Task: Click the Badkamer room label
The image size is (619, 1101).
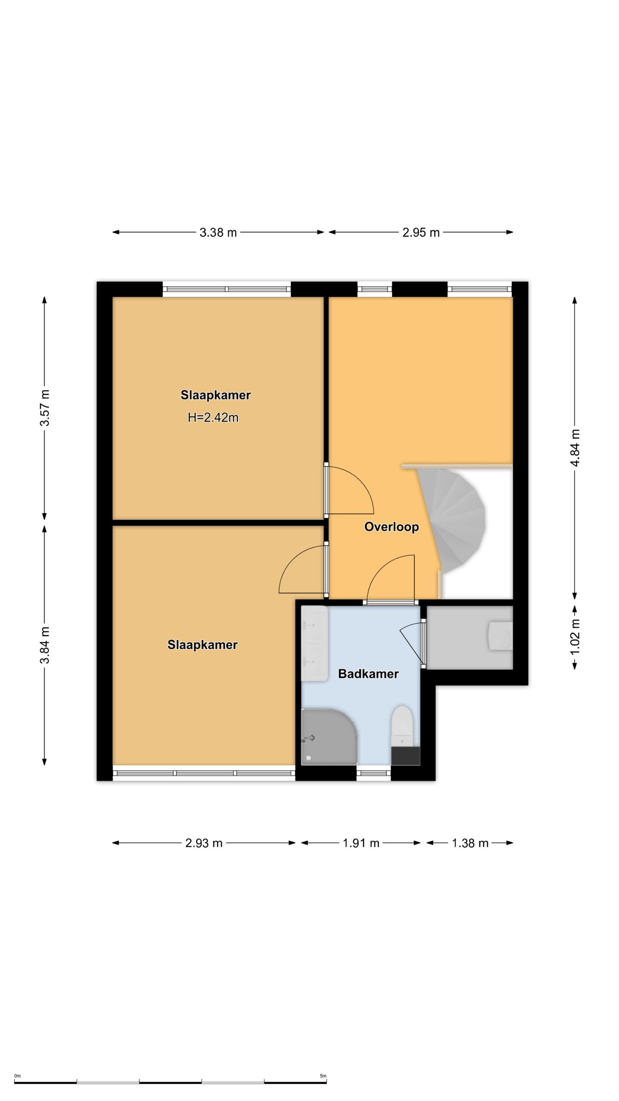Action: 368,674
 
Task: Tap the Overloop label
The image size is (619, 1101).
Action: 391,527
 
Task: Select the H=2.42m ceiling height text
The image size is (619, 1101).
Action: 213,418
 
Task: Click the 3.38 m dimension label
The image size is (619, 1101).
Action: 218,233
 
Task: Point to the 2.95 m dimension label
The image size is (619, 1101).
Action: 421,233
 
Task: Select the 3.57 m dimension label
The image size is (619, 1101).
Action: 45,408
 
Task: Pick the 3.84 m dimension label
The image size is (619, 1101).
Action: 45,645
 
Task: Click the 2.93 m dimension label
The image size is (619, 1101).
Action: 204,843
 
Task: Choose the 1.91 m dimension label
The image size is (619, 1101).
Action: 361,843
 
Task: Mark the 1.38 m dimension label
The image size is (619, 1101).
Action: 470,843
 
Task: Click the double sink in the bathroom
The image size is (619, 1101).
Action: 314,643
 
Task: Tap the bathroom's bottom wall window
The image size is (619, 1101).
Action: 374,773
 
